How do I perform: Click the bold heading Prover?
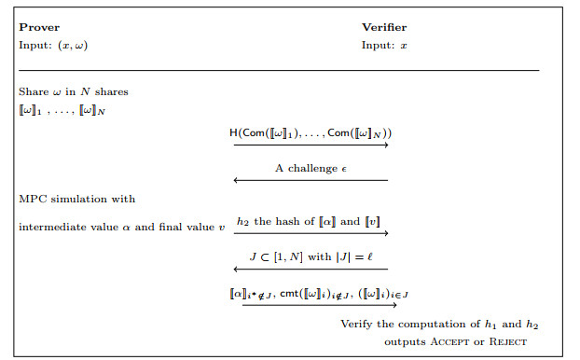[39, 27]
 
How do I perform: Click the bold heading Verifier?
[384, 27]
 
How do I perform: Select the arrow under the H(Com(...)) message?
[311, 145]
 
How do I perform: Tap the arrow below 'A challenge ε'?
[311, 180]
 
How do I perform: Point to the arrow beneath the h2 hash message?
[311, 233]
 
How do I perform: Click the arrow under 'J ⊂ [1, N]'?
[311, 269]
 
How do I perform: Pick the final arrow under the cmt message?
[320, 305]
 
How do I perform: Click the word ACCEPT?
[449, 341]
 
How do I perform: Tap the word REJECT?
[508, 341]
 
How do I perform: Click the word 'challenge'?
[312, 169]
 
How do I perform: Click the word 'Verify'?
[356, 325]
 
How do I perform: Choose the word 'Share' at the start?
[34, 91]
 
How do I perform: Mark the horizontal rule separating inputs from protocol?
[279, 70]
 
